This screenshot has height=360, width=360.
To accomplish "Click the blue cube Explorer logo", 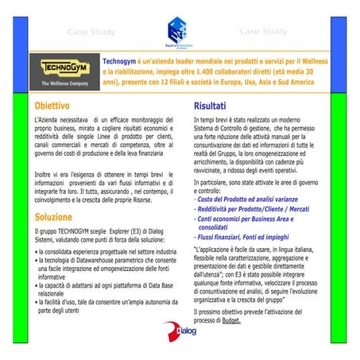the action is point(177,33).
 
